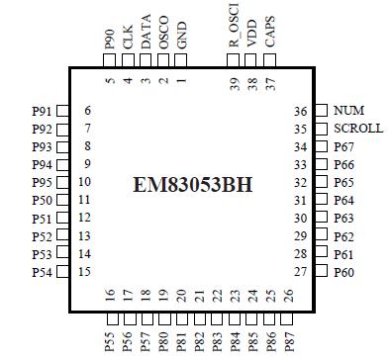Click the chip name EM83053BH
point(194,185)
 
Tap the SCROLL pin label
point(357,129)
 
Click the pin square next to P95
point(61,182)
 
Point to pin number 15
point(86,271)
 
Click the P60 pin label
point(344,271)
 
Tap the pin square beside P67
point(320,146)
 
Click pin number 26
point(288,295)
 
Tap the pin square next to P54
point(61,271)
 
